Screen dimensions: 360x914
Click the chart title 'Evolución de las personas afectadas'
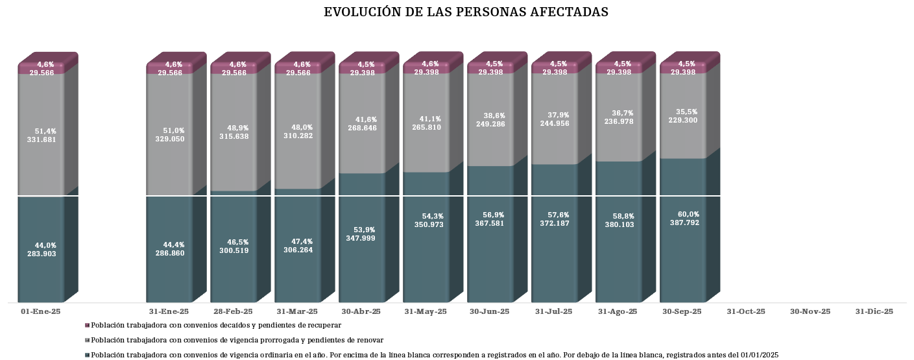[466, 12]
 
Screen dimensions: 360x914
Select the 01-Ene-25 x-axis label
[41, 312]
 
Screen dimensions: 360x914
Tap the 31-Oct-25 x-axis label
[746, 312]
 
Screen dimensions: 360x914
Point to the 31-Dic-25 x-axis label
[874, 312]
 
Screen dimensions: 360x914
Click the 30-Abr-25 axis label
[361, 312]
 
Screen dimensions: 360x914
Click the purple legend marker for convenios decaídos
[87, 326]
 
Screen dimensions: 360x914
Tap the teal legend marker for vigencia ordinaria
[87, 355]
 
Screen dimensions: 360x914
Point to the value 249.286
[490, 125]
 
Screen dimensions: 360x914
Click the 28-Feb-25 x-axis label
[233, 312]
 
